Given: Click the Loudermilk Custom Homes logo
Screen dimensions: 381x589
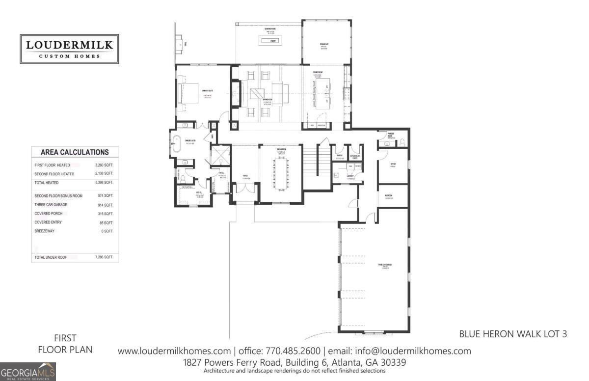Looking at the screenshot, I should pyautogui.click(x=69, y=49).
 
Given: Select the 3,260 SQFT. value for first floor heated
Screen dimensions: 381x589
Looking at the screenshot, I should pyautogui.click(x=104, y=165).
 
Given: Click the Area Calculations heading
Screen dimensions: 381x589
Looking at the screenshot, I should pyautogui.click(x=75, y=152).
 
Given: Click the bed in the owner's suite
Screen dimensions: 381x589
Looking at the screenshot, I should pyautogui.click(x=185, y=91).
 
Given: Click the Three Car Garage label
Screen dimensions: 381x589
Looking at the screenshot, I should pyautogui.click(x=384, y=265).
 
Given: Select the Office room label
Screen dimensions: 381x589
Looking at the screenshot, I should pyautogui.click(x=393, y=165).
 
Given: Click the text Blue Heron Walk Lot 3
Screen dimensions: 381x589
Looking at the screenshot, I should pyautogui.click(x=513, y=334).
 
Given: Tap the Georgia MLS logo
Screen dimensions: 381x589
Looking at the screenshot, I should pyautogui.click(x=28, y=372).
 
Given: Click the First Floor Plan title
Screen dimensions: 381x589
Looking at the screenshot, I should pyautogui.click(x=65, y=344).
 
